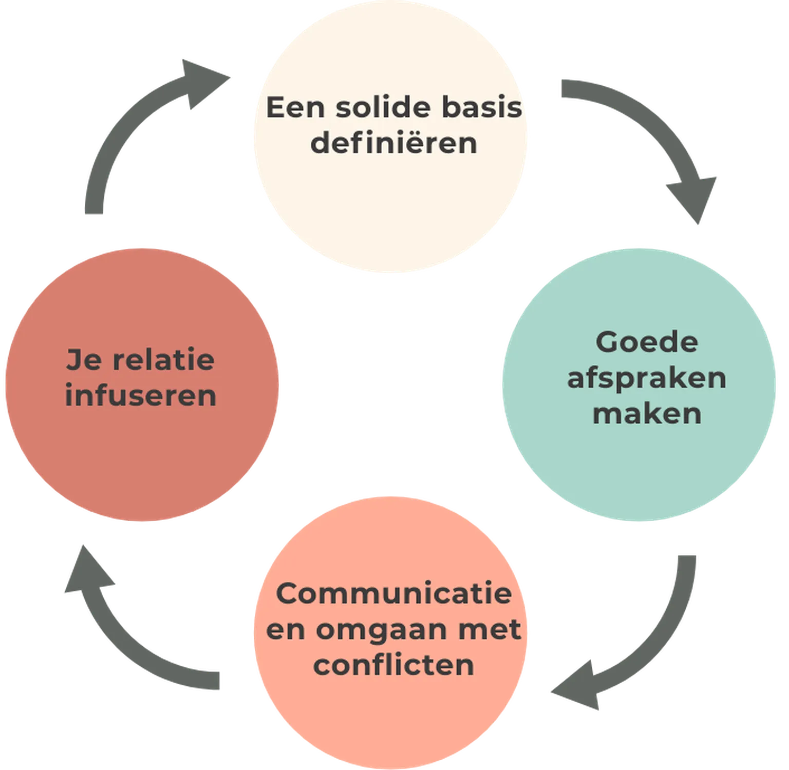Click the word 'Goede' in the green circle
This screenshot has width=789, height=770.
pos(647,342)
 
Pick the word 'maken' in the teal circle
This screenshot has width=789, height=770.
pos(647,414)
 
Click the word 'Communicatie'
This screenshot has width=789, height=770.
pos(394,593)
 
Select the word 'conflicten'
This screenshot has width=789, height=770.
pos(393,665)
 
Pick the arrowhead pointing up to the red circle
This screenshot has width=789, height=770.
pos(87,570)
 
